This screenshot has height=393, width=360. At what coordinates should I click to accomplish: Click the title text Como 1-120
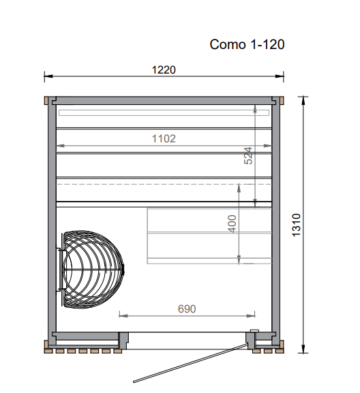click(x=247, y=45)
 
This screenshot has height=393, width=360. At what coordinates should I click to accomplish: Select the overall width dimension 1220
click(x=164, y=69)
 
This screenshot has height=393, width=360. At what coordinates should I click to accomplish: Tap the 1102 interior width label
click(x=164, y=138)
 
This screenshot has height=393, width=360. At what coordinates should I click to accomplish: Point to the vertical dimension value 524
click(x=249, y=156)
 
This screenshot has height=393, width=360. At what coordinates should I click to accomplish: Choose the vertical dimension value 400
click(x=232, y=223)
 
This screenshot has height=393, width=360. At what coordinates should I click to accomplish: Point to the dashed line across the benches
click(x=164, y=184)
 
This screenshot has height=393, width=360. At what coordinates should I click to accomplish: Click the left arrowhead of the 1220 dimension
click(x=47, y=76)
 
